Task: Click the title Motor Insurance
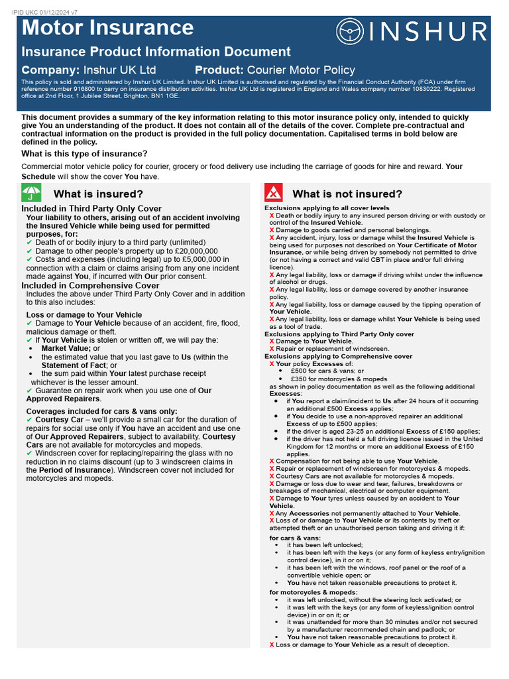click(x=108, y=28)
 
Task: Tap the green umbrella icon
click(x=31, y=193)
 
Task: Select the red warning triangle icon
click(x=274, y=193)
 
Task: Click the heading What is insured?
click(x=98, y=194)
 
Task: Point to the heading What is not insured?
click(x=347, y=194)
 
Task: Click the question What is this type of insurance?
click(x=84, y=154)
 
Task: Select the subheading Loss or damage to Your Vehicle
click(x=84, y=314)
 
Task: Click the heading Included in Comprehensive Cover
click(x=90, y=286)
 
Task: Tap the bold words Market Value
click(x=66, y=347)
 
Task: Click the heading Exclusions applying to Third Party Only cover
click(x=339, y=334)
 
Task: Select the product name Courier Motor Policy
click(x=301, y=70)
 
